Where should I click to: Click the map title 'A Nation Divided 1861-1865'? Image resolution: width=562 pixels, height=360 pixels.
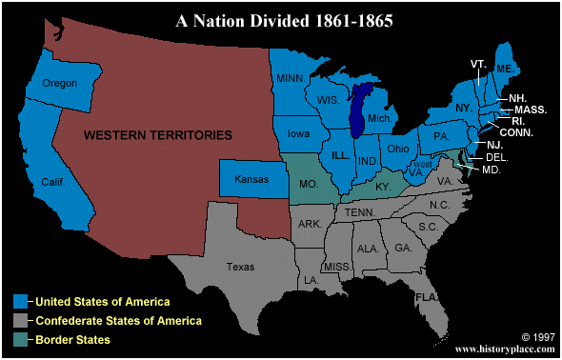283,19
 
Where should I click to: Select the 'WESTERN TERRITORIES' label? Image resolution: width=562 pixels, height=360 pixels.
158,136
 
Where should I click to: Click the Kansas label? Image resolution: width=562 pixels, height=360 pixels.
251,178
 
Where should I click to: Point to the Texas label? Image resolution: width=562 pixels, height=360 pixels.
241,268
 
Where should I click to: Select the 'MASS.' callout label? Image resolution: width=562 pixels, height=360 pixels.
532,110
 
